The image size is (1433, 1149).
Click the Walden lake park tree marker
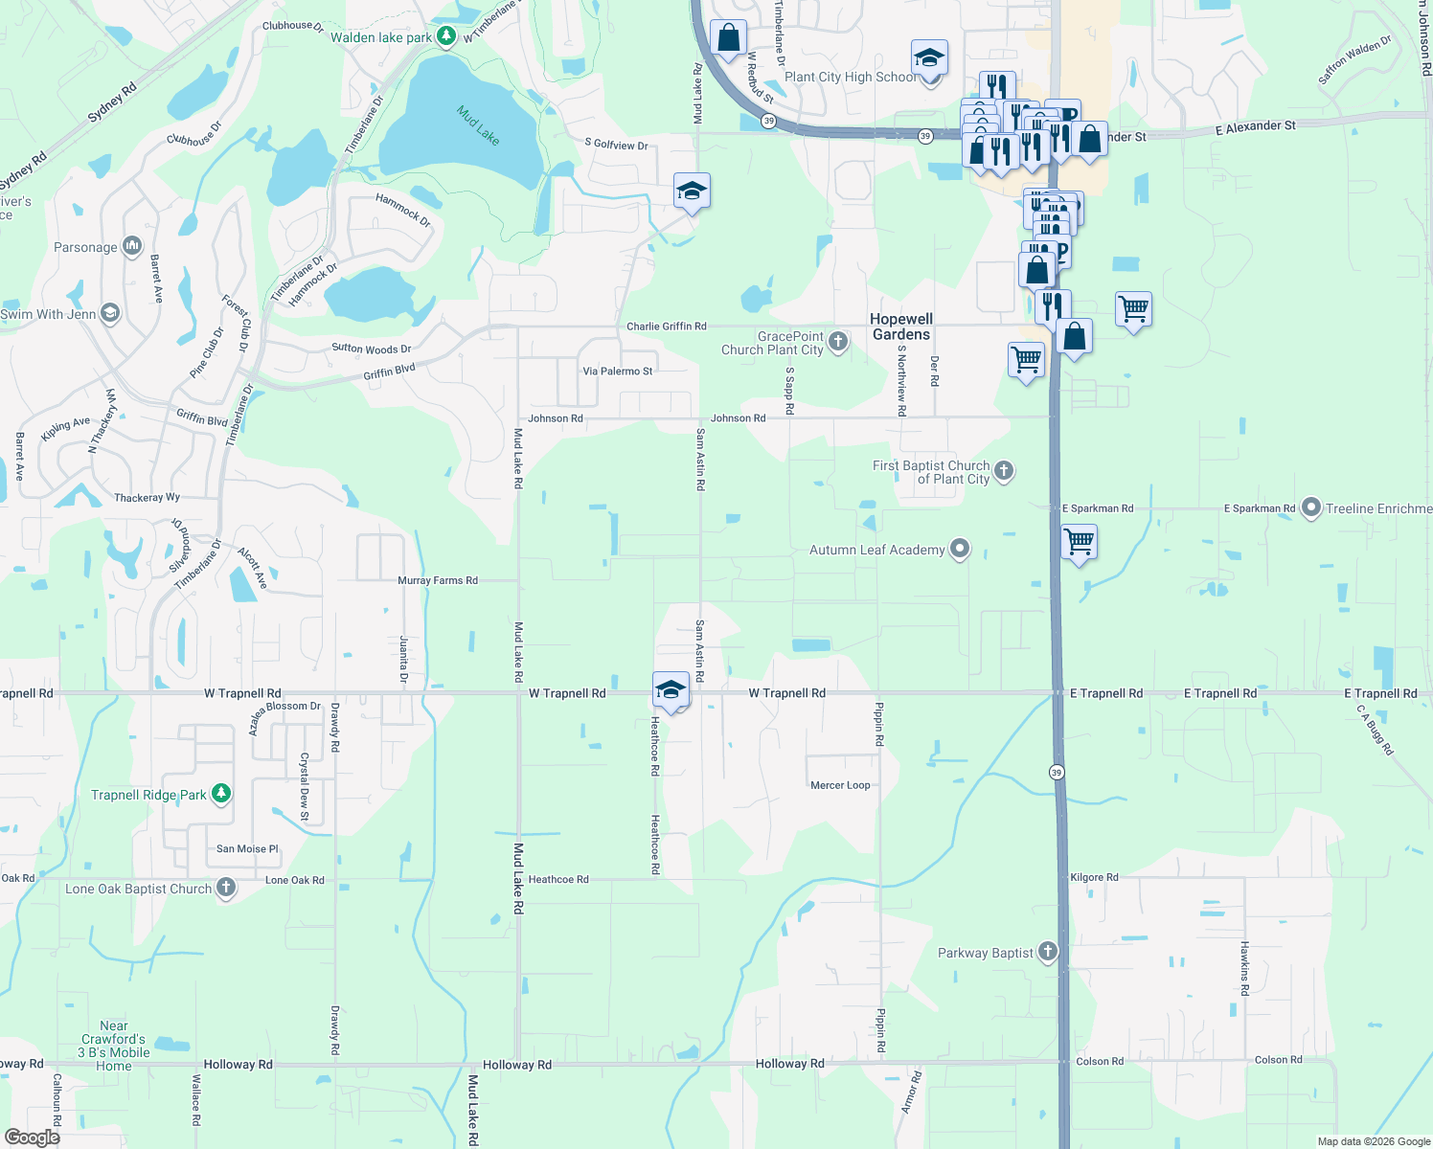coord(445,36)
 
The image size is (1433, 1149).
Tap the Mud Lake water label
coord(478,125)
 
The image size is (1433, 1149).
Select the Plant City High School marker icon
coord(929,59)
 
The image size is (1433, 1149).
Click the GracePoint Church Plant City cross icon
coord(838,342)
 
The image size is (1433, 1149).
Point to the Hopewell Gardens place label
coord(901,327)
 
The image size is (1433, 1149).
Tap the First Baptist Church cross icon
coord(1004,470)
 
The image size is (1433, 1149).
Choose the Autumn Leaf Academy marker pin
coord(960,550)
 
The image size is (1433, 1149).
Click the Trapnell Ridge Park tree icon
coord(221,794)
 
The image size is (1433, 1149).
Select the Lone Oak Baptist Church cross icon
coord(226,888)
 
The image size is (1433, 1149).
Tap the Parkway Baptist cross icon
coord(1048,952)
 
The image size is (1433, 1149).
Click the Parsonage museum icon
coord(132,246)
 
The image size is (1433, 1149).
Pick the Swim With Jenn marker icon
coord(110,313)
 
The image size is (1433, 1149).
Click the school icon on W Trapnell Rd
coord(671,689)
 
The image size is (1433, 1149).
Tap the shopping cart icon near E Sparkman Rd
coord(1080,541)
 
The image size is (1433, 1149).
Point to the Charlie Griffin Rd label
coord(667,327)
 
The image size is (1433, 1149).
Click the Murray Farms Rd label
coord(438,580)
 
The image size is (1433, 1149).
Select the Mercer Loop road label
coord(840,785)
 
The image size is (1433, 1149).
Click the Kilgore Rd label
coord(1094,877)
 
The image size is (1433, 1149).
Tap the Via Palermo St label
coord(618,372)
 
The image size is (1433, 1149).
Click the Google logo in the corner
coord(33,1138)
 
